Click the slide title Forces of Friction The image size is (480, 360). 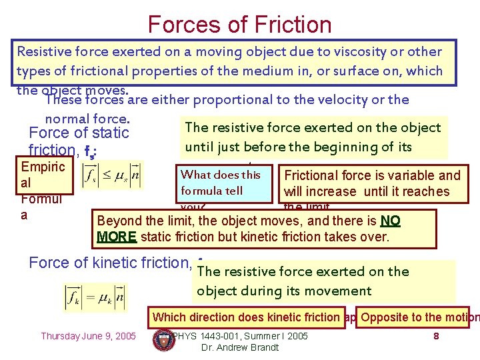pyautogui.click(x=239, y=24)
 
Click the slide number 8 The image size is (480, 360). pyautogui.click(x=436, y=336)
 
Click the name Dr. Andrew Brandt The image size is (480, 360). pyautogui.click(x=239, y=347)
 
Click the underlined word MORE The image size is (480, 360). pyautogui.click(x=116, y=237)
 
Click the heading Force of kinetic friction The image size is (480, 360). pyautogui.click(x=110, y=263)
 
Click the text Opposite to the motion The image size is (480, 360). pyautogui.click(x=419, y=317)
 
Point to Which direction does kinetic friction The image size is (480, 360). pyautogui.click(x=246, y=317)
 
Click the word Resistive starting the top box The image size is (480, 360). pyautogui.click(x=45, y=51)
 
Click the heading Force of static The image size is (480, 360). pyautogui.click(x=79, y=133)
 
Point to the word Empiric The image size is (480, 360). pyautogui.click(x=43, y=167)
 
